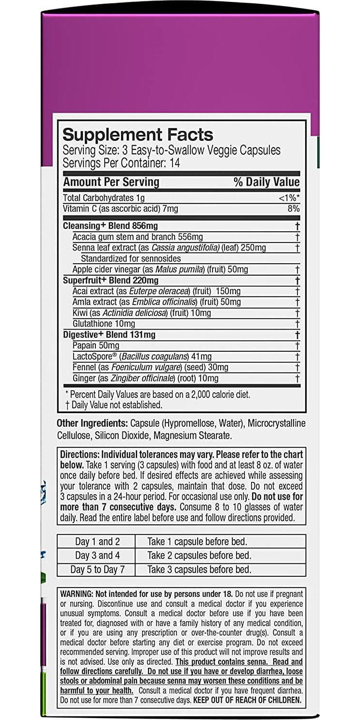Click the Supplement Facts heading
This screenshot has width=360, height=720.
[138, 134]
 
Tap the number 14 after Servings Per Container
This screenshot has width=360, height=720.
[174, 163]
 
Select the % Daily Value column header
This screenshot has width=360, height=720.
[266, 182]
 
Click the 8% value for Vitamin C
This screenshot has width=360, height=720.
[293, 209]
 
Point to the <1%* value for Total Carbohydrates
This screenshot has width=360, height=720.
[289, 198]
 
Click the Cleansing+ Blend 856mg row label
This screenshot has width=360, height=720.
[110, 226]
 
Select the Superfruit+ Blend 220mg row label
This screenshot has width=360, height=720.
[111, 280]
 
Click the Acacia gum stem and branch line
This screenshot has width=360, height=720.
[137, 237]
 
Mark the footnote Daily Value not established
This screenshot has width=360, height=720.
[113, 405]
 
